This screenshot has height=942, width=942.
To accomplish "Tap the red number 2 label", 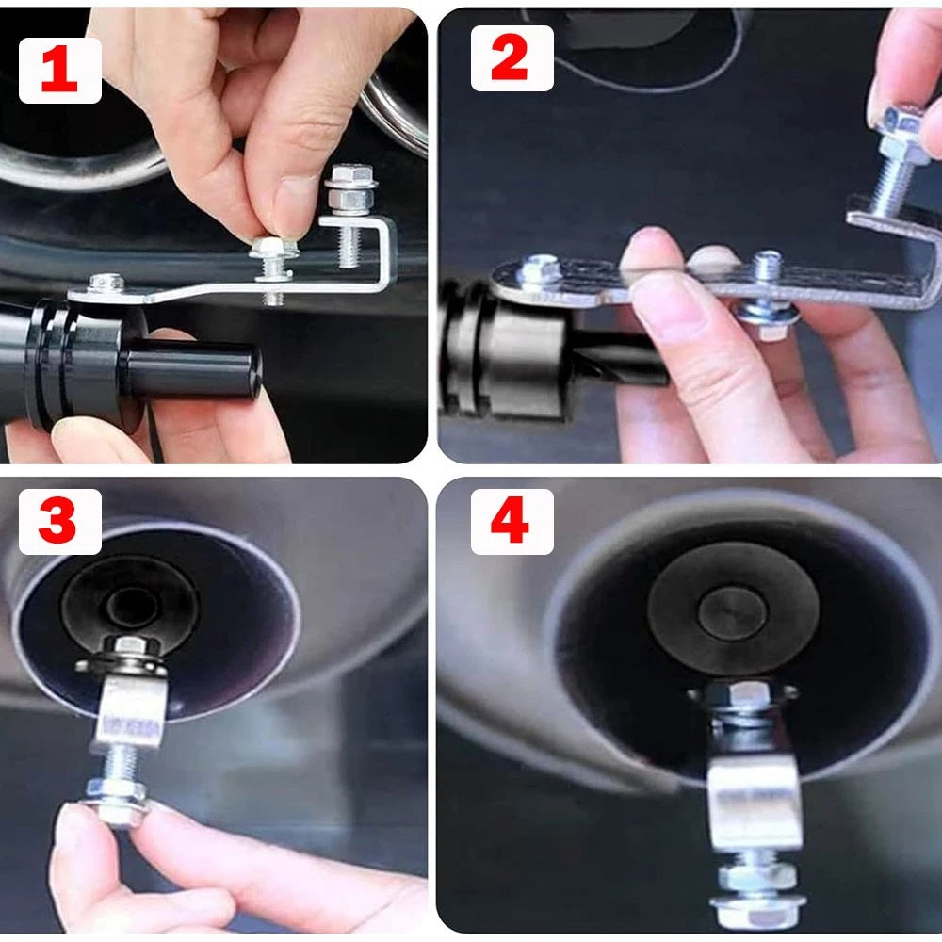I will point(510,58).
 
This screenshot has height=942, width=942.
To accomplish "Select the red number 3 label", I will point(57,521).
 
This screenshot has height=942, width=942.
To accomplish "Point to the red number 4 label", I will point(510,521).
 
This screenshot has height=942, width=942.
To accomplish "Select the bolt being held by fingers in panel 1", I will point(272,259).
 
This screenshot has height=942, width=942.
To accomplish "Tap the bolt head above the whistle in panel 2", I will point(538,270).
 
